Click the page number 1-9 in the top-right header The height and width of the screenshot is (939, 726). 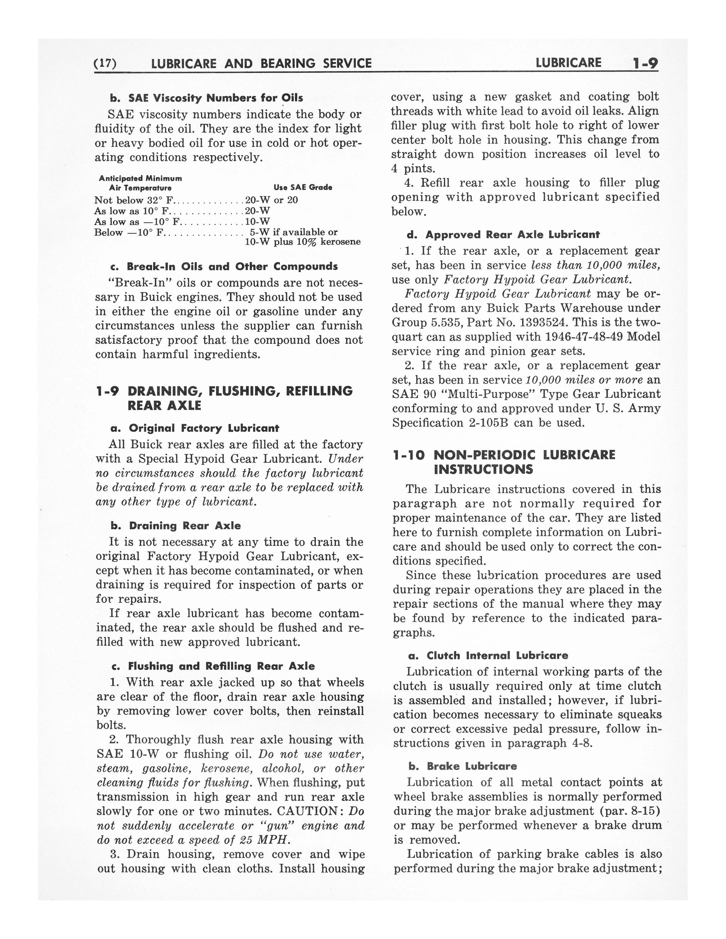click(x=645, y=64)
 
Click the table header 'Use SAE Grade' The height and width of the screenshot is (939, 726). click(x=303, y=188)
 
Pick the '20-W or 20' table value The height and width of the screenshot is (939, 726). click(x=271, y=200)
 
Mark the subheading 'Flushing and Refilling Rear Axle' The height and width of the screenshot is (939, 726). click(x=221, y=666)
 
